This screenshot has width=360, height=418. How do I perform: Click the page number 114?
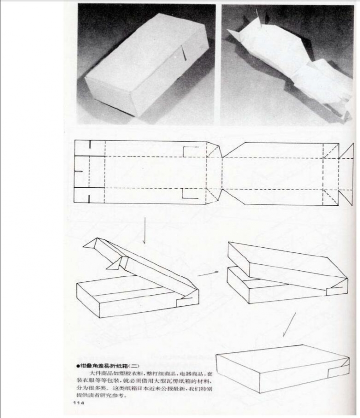pyautogui.click(x=78, y=404)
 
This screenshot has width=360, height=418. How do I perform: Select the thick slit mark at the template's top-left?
pyautogui.click(x=88, y=146)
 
